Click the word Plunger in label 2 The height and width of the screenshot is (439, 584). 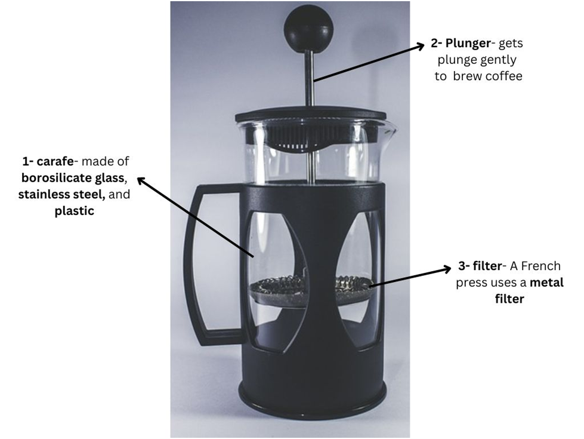[468, 43]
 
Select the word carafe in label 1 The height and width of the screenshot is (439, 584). [55, 161]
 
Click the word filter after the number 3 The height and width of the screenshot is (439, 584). [487, 266]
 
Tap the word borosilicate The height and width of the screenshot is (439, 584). [57, 177]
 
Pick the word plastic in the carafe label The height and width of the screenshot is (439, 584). [74, 211]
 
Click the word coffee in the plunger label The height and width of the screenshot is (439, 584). [503, 76]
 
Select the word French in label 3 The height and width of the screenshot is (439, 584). [541, 266]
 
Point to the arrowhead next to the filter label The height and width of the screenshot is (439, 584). [446, 269]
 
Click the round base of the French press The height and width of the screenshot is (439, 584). [312, 395]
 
